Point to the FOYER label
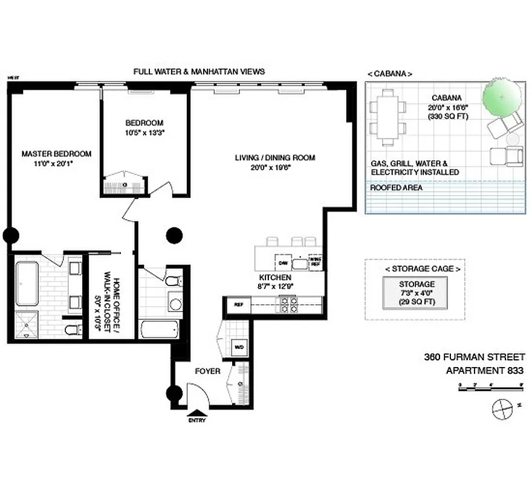point(207,371)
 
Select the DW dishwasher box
point(282,263)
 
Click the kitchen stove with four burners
point(287,304)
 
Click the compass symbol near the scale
point(502,409)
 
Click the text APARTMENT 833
point(484,371)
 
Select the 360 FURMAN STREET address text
point(473,357)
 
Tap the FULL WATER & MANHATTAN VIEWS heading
point(199,71)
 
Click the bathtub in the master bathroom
point(27,282)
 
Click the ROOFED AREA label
point(397,188)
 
